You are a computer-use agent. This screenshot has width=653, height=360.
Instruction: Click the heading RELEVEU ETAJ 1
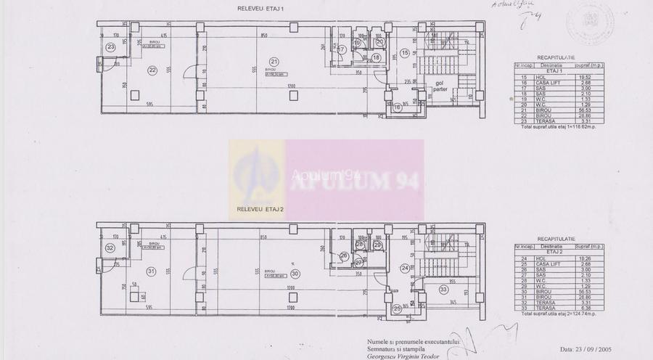[258, 9]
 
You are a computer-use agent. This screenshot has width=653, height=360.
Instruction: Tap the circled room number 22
[152, 70]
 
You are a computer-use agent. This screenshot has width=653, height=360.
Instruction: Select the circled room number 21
[273, 60]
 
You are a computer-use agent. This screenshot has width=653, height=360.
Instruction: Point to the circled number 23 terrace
[110, 47]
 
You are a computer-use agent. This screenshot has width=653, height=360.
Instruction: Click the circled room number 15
[405, 52]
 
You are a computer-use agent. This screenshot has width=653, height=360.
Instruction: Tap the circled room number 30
[295, 274]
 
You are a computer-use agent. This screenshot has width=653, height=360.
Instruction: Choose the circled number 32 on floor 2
[110, 247]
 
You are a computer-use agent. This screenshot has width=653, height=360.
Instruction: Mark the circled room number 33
[444, 289]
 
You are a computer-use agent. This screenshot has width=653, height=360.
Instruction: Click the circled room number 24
[404, 267]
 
